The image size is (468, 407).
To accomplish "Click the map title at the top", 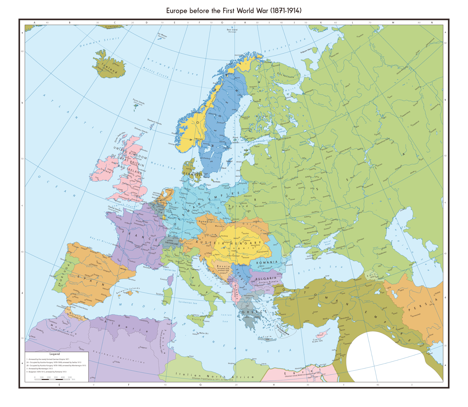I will pyautogui.click(x=234, y=11).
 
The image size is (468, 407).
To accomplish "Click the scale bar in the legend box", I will pyautogui.click(x=53, y=379).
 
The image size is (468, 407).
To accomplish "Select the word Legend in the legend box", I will pyautogui.click(x=55, y=354).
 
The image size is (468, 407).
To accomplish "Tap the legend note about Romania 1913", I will pyautogui.click(x=47, y=372).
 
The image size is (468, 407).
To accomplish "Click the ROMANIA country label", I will pyautogui.click(x=267, y=262).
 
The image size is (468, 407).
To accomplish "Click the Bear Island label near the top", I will pyautogui.click(x=232, y=30).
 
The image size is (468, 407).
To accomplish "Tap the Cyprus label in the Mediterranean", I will pyautogui.click(x=317, y=340).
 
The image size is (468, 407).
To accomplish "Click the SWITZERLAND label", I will pyautogui.click(x=172, y=243).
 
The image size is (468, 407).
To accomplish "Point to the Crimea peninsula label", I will pyautogui.click(x=315, y=252).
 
